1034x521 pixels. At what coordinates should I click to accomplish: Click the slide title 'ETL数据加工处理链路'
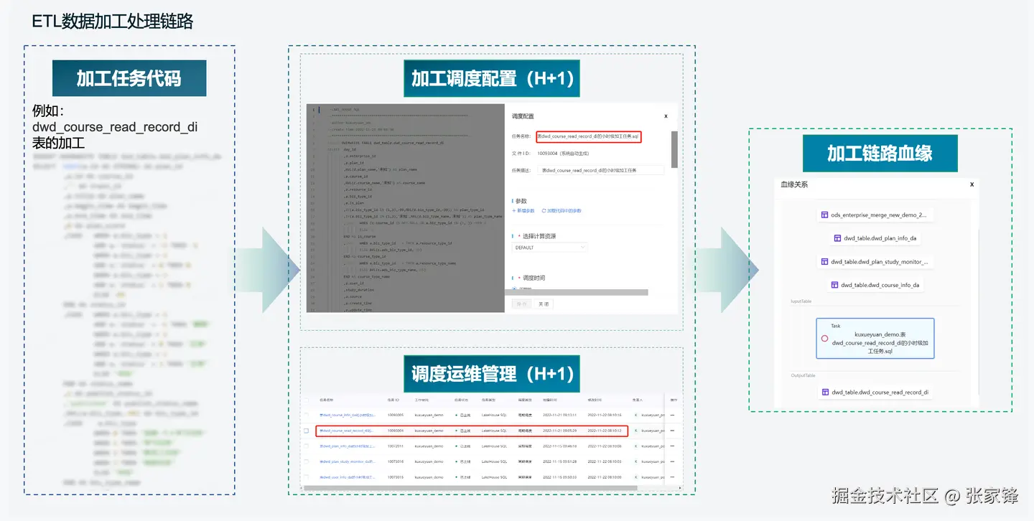click(x=113, y=22)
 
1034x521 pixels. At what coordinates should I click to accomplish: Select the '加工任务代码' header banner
click(x=129, y=78)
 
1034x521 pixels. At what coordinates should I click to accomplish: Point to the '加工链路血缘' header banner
click(x=880, y=154)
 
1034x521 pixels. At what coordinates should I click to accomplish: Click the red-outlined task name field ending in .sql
click(x=588, y=136)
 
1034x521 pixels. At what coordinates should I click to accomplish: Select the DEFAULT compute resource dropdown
click(x=550, y=248)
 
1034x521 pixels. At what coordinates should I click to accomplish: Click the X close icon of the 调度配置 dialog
click(x=666, y=116)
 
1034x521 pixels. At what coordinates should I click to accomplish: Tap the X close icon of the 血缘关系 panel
click(x=972, y=184)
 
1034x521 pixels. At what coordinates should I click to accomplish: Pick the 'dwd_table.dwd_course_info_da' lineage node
click(x=875, y=285)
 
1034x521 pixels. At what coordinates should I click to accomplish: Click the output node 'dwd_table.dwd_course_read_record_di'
click(x=875, y=393)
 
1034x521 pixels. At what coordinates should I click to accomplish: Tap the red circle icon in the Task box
click(x=824, y=339)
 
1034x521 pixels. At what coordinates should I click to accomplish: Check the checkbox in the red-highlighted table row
click(x=307, y=431)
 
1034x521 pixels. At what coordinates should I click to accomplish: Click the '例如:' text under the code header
click(x=49, y=111)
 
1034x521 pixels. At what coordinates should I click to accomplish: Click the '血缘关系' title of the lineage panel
click(x=794, y=184)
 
